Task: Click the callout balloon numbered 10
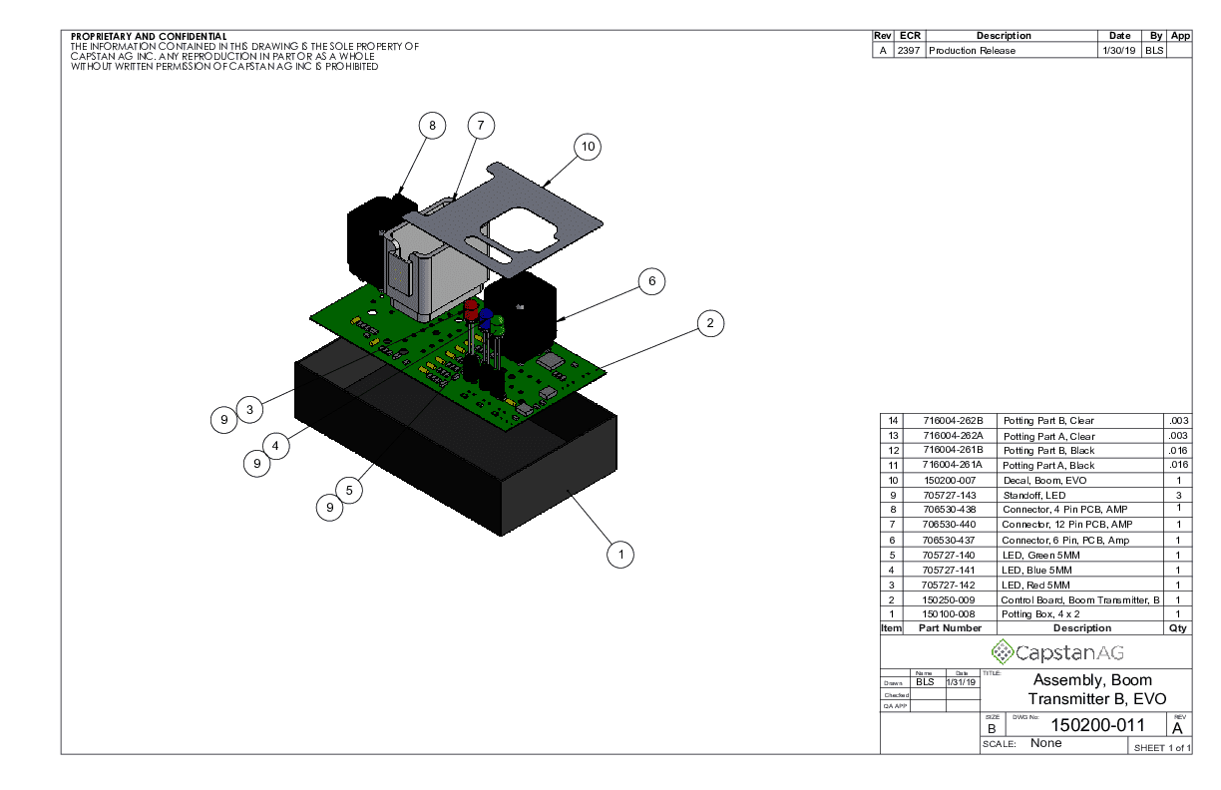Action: pyautogui.click(x=589, y=147)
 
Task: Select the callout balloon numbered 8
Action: pyautogui.click(x=432, y=126)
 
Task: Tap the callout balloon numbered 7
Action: pyautogui.click(x=481, y=126)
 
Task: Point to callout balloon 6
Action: pyautogui.click(x=651, y=281)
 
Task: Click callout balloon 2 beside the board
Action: pyautogui.click(x=709, y=322)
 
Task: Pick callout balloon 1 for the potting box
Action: pyautogui.click(x=620, y=554)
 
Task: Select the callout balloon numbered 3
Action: pyautogui.click(x=250, y=408)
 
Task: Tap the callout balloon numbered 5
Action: pyautogui.click(x=349, y=490)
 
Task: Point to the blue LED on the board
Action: pyautogui.click(x=486, y=317)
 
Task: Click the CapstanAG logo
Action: pyautogui.click(x=1056, y=652)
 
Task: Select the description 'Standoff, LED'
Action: pyautogui.click(x=1034, y=495)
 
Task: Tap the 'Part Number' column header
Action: pyautogui.click(x=950, y=628)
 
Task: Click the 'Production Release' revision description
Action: pyautogui.click(x=972, y=50)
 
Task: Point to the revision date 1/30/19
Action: pyautogui.click(x=1118, y=50)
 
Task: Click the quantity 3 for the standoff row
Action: pyautogui.click(x=1178, y=495)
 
